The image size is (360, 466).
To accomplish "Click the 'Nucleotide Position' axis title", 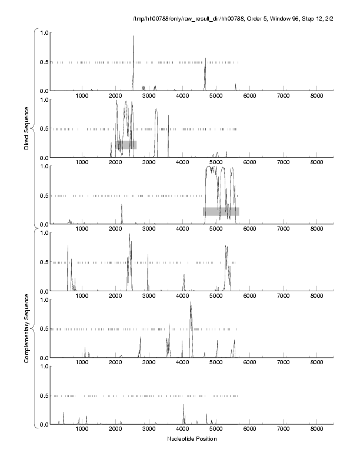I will (x=192, y=438).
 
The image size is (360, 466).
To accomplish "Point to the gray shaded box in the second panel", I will (x=126, y=145).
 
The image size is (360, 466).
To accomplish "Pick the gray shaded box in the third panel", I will (x=221, y=211).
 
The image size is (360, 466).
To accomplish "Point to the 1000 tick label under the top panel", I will (x=81, y=96).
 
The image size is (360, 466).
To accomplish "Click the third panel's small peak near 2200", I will (x=122, y=206).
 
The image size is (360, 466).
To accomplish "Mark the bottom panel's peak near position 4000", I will (x=184, y=405).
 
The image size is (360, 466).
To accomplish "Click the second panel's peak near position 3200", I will (x=156, y=110).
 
